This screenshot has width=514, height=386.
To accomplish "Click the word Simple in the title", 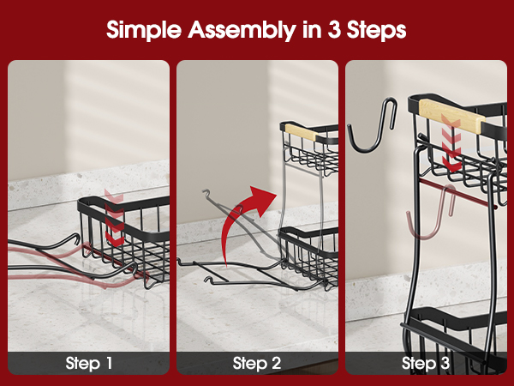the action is [x=144, y=30].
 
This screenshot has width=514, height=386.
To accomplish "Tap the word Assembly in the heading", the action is [x=242, y=30].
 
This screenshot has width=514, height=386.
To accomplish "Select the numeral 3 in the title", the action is [x=334, y=29].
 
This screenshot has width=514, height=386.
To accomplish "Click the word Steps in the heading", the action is [x=377, y=30].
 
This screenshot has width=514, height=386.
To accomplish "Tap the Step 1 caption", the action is [x=89, y=363].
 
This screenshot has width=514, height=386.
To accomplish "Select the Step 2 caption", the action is [x=257, y=363].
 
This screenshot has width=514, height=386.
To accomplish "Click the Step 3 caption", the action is [x=426, y=363].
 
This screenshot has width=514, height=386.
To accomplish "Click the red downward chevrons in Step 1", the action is [x=115, y=218].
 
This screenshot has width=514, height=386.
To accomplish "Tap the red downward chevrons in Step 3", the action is [x=451, y=143].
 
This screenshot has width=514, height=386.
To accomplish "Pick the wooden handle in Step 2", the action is [x=301, y=131].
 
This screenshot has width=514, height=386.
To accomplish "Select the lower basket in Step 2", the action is [x=308, y=256].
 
